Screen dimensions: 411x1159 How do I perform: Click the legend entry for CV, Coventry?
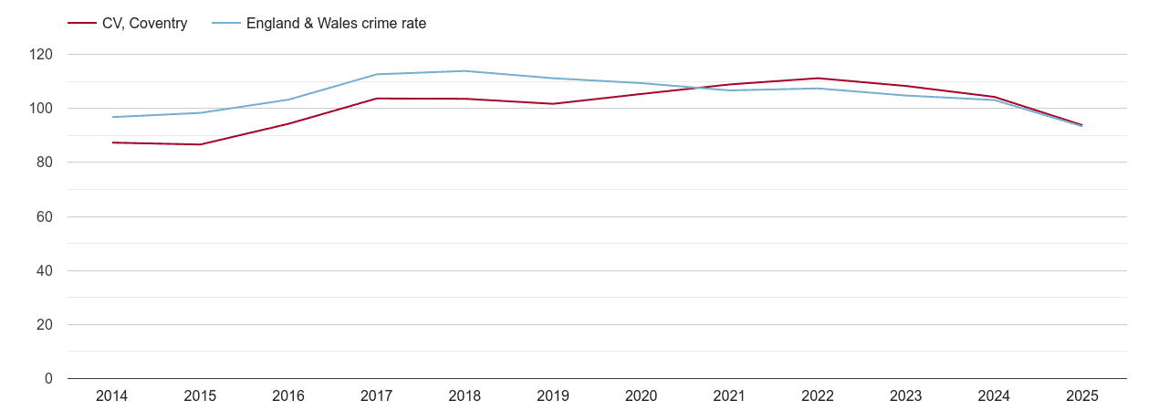tap(144, 24)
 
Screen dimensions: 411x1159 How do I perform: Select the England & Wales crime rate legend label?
tap(336, 24)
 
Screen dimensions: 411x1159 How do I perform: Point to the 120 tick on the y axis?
tap(41, 55)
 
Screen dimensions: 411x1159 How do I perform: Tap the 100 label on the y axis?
tap(41, 109)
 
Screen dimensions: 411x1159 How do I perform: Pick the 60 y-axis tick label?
tap(45, 217)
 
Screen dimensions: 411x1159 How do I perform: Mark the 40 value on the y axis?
tap(45, 271)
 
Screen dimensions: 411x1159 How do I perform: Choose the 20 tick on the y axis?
tap(45, 325)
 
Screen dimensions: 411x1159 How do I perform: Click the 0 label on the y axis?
tap(48, 379)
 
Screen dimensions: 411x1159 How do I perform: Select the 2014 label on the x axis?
tap(112, 396)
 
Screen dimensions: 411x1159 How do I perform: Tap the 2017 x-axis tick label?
tap(377, 396)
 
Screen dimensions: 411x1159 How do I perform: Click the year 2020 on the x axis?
tap(642, 396)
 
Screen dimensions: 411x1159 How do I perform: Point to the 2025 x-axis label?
tap(1082, 396)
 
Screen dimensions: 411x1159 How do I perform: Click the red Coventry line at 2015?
tap(200, 144)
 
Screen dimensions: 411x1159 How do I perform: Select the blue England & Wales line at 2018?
tap(465, 71)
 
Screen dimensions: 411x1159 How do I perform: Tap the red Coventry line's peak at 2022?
tap(818, 79)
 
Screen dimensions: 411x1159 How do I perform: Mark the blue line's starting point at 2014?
tap(112, 117)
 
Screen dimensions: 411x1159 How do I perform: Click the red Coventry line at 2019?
tap(553, 104)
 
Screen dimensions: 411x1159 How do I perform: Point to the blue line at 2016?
tap(288, 100)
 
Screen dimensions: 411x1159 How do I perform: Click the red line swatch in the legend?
tap(82, 24)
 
